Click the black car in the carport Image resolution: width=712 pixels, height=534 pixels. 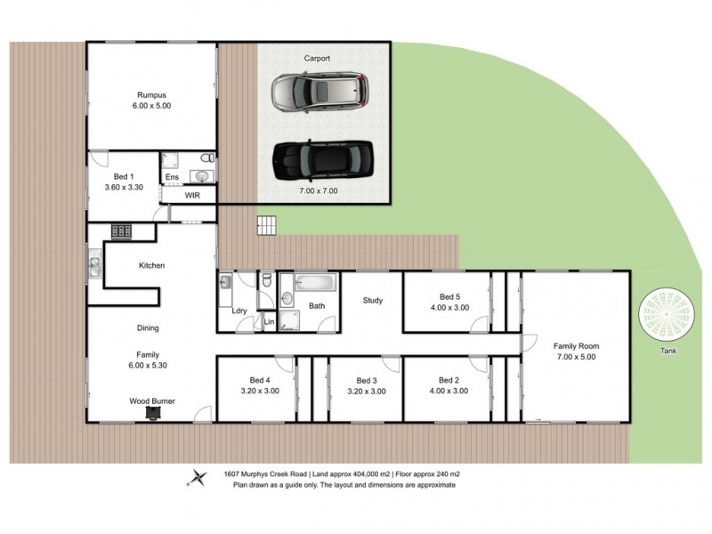[321, 160]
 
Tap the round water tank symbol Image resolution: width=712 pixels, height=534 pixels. [667, 313]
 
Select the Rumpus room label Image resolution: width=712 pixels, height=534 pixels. [151, 94]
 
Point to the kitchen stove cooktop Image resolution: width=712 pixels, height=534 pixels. [121, 231]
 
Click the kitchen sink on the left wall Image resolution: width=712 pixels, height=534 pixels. [93, 264]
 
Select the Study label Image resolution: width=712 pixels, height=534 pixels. [372, 301]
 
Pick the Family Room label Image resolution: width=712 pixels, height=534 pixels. [576, 345]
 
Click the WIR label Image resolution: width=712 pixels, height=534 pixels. [191, 194]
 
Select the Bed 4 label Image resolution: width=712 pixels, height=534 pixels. [256, 380]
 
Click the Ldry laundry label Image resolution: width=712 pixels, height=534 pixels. [239, 310]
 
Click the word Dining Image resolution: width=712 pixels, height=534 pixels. [148, 328]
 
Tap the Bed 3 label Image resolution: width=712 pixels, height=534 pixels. [366, 380]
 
